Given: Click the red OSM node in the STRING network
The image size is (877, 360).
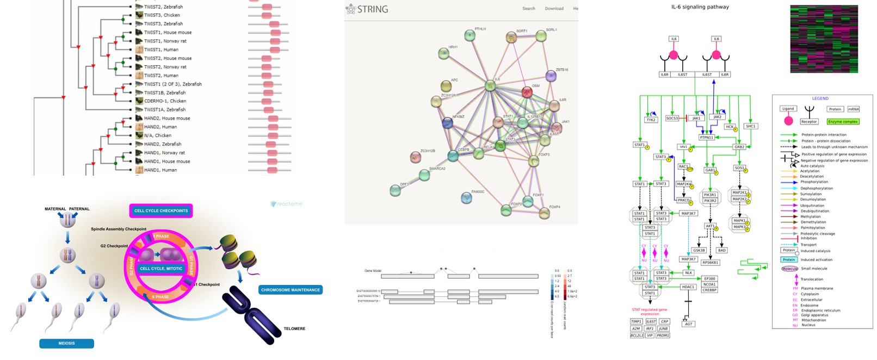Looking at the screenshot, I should coord(527,92).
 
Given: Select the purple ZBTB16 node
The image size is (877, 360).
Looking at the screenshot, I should coord(551,77).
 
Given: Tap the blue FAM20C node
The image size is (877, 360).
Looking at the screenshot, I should coord(466,198).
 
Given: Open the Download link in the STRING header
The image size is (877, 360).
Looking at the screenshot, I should coord(554,9).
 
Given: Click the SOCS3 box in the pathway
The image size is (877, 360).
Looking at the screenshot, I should coord(672,118).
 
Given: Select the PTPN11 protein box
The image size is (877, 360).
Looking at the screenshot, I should coord(706,138).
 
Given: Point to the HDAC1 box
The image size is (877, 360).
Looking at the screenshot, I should coord(688,287).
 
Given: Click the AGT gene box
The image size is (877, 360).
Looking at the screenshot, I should coord(688,324).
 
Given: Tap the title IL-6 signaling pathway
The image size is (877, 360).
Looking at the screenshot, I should coord(700,7).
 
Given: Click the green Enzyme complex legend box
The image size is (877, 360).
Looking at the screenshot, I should coord(843,121).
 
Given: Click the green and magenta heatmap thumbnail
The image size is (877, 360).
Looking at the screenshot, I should coord(823,39).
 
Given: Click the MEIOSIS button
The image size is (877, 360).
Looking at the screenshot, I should coord(66,343).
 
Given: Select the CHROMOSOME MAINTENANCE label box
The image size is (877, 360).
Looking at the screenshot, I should coord(290,290).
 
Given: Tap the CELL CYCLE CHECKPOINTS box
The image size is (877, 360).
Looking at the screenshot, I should coord(161,210).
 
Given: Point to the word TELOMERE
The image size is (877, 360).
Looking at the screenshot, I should coord(294,328).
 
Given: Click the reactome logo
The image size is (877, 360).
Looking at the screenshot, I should coord(286,204).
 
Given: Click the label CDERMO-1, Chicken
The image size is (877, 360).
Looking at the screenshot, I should coord(165,101).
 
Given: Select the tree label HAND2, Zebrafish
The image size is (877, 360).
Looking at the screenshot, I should coord(163,144).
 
